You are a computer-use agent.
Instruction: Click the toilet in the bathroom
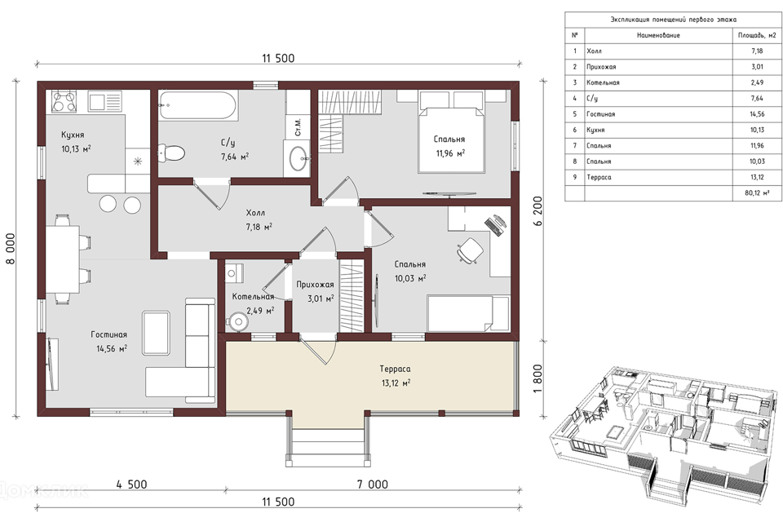pos(171,153)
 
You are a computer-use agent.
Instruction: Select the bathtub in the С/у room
pos(198,105)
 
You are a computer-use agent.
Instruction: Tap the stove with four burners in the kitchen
pos(64,101)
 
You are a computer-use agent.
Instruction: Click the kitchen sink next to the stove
pos(105,101)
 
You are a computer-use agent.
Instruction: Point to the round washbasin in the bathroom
pos(299,158)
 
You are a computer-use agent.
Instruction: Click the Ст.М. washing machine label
pos(299,127)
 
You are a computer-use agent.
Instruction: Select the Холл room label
pos(255,213)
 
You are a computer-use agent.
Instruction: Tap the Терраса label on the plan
pos(395,369)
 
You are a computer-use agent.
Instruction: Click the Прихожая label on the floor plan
pos(315,285)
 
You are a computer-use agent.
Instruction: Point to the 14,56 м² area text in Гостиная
pos(112,348)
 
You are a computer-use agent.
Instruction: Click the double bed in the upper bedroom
pos(451,132)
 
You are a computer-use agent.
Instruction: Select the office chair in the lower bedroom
pos(470,250)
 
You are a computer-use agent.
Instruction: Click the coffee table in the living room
pos(157,333)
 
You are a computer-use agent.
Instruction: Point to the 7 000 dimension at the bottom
pos(373,484)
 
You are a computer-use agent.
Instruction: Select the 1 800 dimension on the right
pos(537,378)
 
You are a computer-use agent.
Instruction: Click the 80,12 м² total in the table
pos(757,192)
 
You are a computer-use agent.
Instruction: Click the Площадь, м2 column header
pos(757,35)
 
